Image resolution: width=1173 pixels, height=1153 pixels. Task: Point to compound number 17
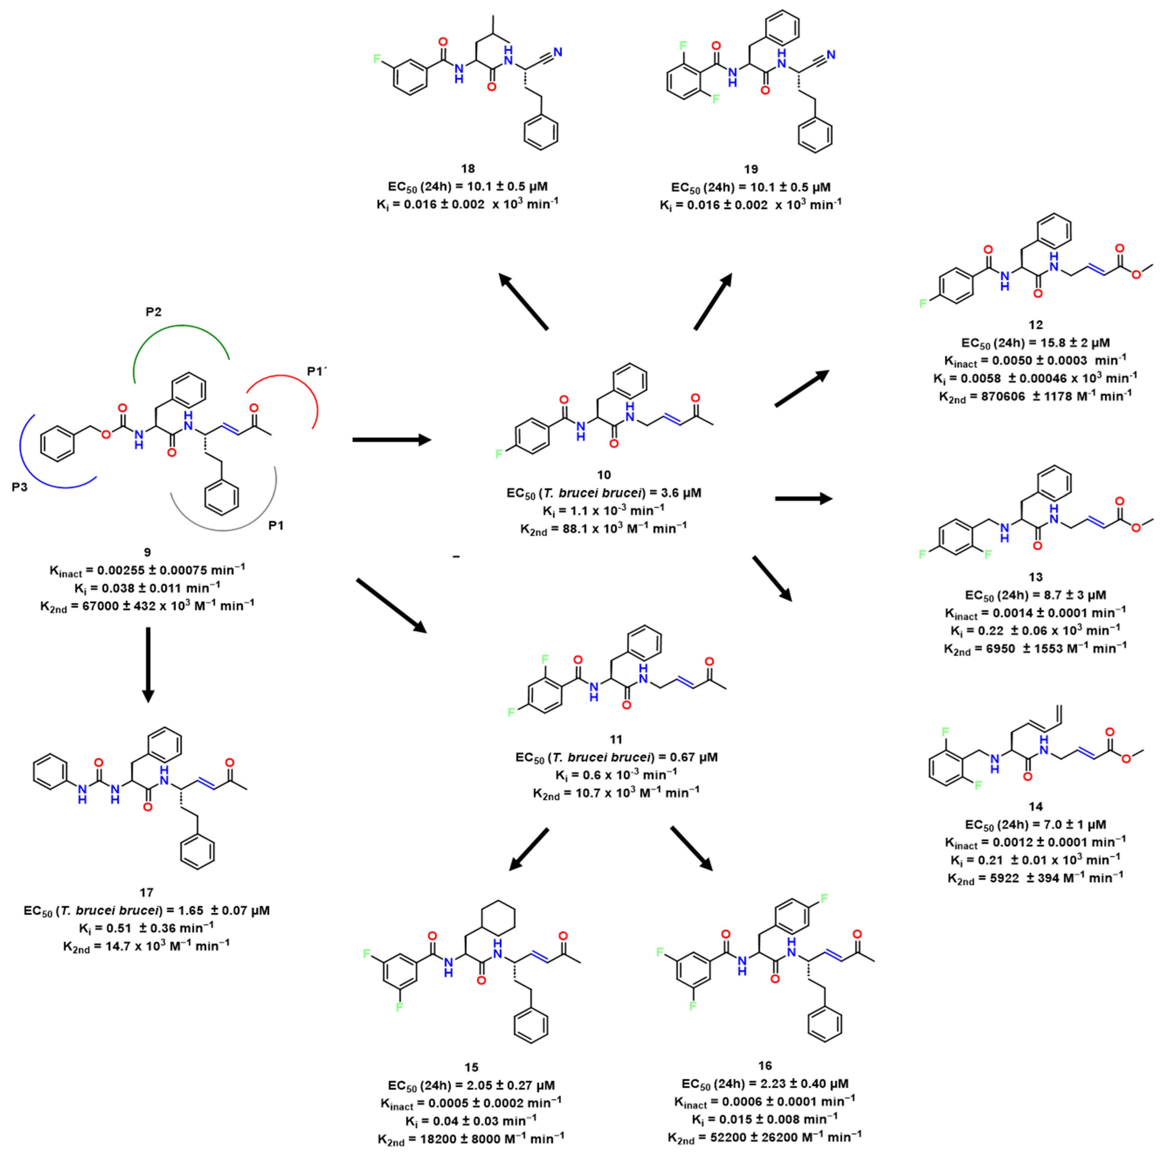click(146, 892)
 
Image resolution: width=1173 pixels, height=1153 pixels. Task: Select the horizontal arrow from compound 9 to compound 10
click(392, 440)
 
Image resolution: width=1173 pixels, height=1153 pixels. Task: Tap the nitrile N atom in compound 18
click(557, 53)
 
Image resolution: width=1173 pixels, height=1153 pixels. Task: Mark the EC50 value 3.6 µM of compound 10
click(674, 492)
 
